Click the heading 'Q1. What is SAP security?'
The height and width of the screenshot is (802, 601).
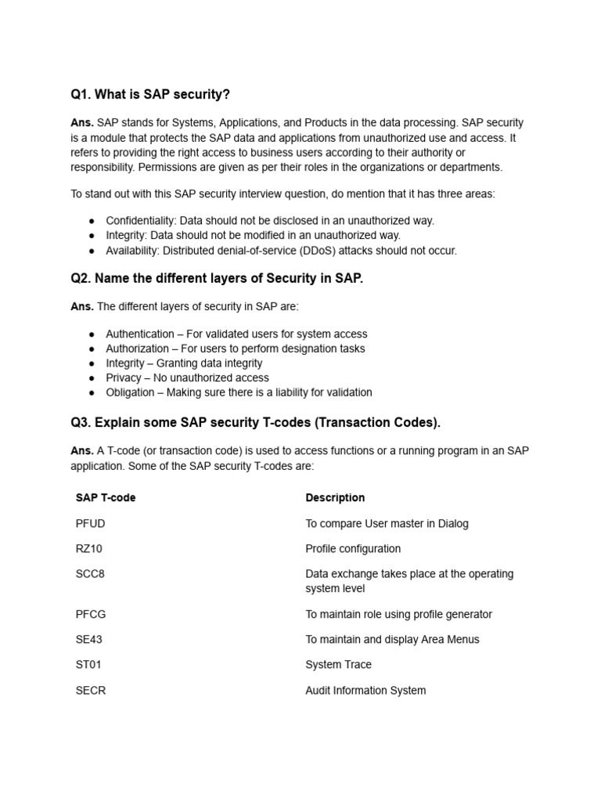(150, 95)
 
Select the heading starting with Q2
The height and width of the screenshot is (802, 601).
(217, 279)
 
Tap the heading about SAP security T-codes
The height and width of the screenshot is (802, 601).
(255, 423)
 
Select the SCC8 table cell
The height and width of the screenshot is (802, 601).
(90, 573)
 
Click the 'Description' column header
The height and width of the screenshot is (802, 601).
(335, 497)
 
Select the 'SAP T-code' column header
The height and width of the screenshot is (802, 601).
(106, 497)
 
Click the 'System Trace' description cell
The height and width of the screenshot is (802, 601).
(338, 664)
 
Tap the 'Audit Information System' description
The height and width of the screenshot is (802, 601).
(365, 690)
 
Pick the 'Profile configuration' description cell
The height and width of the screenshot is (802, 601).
(353, 548)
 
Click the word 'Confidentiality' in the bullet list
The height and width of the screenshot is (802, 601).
(139, 221)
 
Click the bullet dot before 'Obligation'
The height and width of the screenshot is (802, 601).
(92, 392)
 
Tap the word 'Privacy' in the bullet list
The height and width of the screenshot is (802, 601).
(124, 378)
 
